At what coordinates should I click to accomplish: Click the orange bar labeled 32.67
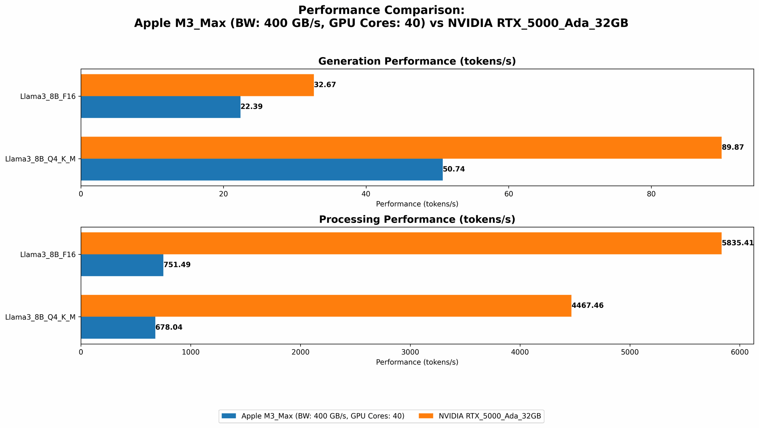tap(197, 85)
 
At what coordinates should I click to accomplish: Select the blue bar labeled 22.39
tap(161, 107)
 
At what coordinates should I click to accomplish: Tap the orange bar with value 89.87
tap(401, 147)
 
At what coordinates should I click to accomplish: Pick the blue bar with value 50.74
tap(261, 169)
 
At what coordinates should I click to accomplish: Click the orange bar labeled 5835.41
tap(401, 243)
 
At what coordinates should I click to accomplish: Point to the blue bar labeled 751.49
tap(122, 265)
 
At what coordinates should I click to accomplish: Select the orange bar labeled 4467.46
tap(326, 306)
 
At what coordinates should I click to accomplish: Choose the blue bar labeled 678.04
tap(118, 328)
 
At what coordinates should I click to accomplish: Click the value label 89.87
tap(732, 147)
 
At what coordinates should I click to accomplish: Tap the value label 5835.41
tap(737, 243)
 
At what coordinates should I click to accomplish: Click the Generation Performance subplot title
tap(417, 61)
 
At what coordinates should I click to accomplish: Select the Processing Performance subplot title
tap(417, 219)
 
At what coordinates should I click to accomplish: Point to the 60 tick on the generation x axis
tap(509, 194)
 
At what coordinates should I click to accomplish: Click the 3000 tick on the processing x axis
tap(410, 352)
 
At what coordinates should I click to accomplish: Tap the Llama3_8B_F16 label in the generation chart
tap(48, 96)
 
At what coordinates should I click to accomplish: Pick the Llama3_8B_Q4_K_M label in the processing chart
tap(40, 317)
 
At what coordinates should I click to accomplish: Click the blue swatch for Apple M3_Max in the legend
tap(229, 416)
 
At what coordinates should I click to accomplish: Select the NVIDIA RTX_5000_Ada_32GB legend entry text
tap(490, 416)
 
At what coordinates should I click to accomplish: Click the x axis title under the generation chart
tap(417, 204)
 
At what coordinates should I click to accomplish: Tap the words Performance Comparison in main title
tap(381, 10)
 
